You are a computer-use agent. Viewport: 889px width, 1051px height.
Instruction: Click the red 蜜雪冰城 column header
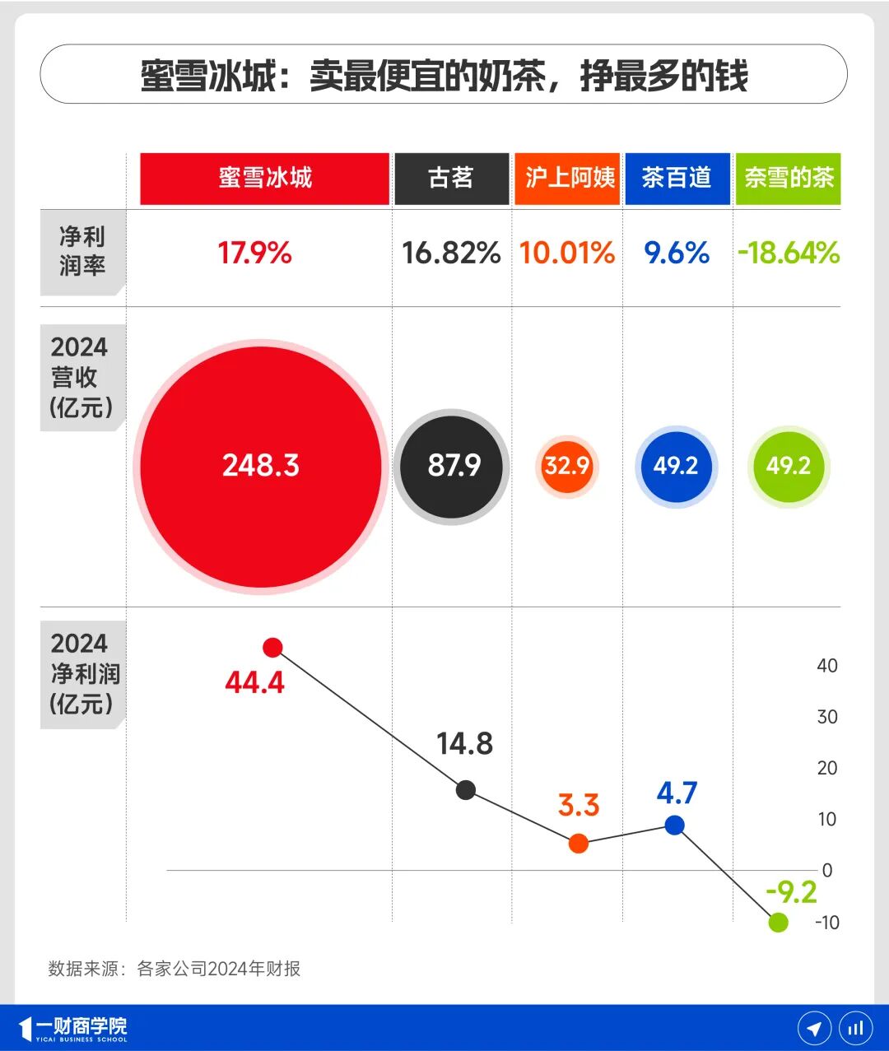pyautogui.click(x=264, y=179)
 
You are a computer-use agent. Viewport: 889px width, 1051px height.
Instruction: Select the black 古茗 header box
pyautogui.click(x=451, y=179)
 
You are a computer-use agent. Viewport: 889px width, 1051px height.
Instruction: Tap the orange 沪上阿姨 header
pyautogui.click(x=567, y=179)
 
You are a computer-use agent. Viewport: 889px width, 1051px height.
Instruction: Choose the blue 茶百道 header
pyautogui.click(x=677, y=179)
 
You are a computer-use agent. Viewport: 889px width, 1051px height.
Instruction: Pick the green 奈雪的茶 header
pyautogui.click(x=788, y=179)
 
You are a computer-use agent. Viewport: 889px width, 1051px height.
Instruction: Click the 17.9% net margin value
pyautogui.click(x=254, y=253)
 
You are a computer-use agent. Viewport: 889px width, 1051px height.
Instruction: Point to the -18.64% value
pyautogui.click(x=788, y=253)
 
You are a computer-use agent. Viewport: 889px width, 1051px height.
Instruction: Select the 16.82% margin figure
pyautogui.click(x=451, y=253)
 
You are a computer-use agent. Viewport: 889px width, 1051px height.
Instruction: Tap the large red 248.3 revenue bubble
pyautogui.click(x=261, y=466)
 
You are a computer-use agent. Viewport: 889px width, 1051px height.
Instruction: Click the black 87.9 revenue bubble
pyautogui.click(x=452, y=466)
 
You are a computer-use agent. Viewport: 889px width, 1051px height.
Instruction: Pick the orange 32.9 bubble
pyautogui.click(x=566, y=467)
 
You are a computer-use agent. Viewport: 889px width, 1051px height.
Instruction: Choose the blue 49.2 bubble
pyautogui.click(x=676, y=466)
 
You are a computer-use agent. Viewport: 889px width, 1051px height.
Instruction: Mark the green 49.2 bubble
pyautogui.click(x=789, y=466)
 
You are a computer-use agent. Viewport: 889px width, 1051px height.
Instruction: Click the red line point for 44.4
pyautogui.click(x=272, y=648)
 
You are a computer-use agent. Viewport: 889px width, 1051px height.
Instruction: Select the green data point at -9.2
pyautogui.click(x=778, y=923)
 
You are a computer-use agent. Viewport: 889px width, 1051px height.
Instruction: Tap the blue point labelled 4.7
pyautogui.click(x=674, y=825)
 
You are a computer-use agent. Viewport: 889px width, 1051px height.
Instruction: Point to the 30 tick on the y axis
pyautogui.click(x=826, y=717)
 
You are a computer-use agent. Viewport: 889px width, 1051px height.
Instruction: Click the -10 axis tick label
pyautogui.click(x=826, y=923)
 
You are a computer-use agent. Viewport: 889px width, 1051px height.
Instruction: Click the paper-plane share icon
pyautogui.click(x=814, y=1028)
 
